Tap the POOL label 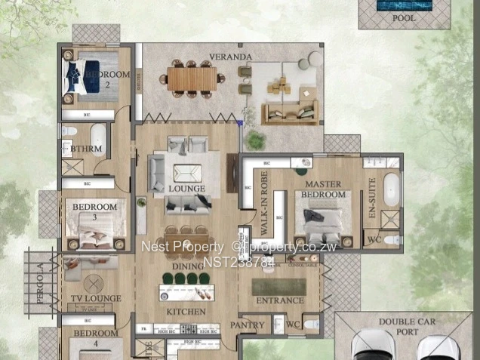403,18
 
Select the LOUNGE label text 186,189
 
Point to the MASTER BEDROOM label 324,189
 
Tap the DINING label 186,266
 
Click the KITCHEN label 186,312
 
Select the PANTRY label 248,325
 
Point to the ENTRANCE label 280,301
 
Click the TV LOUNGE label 91,299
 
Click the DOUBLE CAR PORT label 407,326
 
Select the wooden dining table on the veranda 192,76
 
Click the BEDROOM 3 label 94,211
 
